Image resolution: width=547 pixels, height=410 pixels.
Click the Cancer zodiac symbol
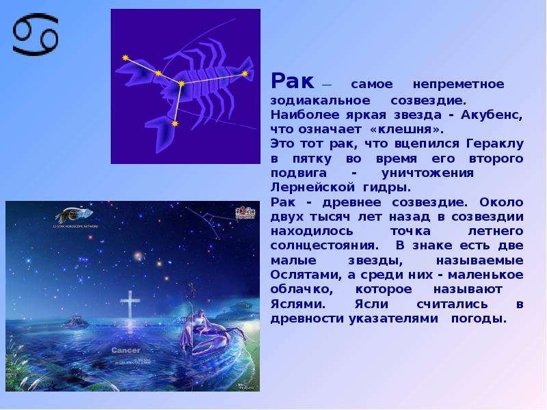click(x=36, y=34)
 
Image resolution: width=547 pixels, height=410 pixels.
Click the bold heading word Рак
click(x=293, y=81)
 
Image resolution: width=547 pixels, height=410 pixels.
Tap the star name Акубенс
click(x=492, y=115)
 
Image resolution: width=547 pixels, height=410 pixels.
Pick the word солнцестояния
click(x=324, y=246)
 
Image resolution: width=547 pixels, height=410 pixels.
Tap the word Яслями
click(x=298, y=304)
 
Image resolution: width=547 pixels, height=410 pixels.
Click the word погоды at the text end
click(x=479, y=319)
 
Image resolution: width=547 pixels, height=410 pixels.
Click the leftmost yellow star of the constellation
click(x=126, y=58)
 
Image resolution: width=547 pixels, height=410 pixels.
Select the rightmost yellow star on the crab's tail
click(x=245, y=73)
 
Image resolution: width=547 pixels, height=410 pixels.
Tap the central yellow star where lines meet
click(x=181, y=83)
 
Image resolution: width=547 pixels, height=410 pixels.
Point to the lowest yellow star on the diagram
click(x=175, y=124)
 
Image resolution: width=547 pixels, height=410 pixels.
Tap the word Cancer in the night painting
click(x=126, y=350)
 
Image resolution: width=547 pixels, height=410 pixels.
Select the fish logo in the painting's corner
click(x=74, y=214)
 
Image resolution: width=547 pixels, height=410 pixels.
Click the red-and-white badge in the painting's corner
click(x=245, y=213)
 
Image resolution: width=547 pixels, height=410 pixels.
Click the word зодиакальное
click(x=320, y=100)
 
